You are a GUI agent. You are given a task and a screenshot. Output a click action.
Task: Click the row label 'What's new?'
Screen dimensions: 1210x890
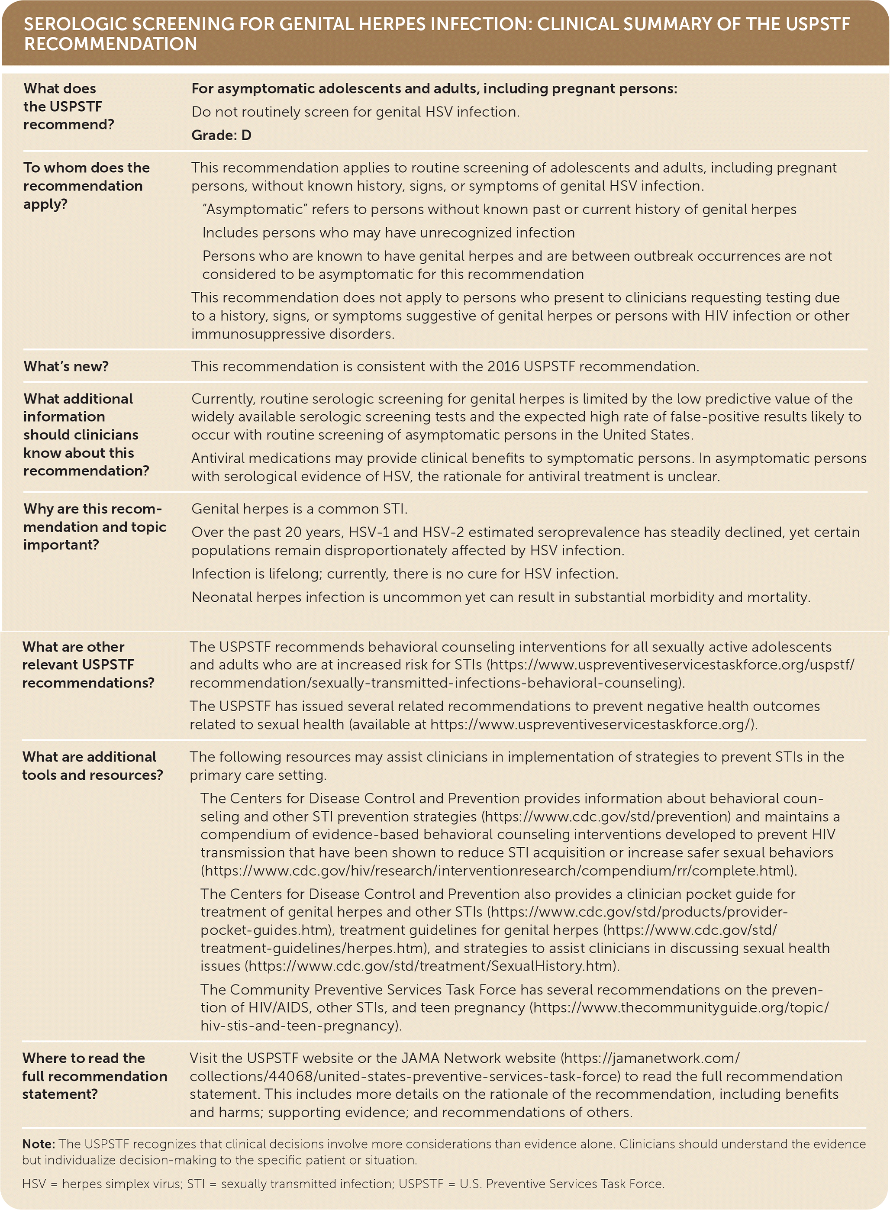(x=66, y=366)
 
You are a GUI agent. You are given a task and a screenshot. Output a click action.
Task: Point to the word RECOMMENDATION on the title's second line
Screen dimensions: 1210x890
(x=110, y=44)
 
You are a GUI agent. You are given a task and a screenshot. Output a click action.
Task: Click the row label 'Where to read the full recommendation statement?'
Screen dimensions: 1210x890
(x=94, y=1076)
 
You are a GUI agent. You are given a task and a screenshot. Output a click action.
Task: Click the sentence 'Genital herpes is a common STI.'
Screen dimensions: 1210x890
(x=299, y=509)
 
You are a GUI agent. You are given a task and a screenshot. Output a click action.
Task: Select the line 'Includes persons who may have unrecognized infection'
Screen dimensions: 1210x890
(x=388, y=233)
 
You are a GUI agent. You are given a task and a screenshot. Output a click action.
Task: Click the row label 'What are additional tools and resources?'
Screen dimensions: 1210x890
(x=92, y=765)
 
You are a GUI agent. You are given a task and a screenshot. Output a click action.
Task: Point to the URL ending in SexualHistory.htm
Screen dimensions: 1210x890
(x=431, y=965)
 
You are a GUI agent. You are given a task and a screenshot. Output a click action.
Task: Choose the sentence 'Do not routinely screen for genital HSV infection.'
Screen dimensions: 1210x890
(x=355, y=112)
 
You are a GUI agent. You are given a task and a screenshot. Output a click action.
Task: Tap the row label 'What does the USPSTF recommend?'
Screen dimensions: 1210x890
(x=68, y=106)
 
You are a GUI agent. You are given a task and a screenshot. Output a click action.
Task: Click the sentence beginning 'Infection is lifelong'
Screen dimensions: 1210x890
(x=404, y=574)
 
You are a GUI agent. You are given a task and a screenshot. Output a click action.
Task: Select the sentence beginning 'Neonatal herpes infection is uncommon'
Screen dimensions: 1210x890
(x=500, y=597)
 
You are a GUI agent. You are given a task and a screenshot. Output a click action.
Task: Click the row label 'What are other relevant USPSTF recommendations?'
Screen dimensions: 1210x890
(x=88, y=664)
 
